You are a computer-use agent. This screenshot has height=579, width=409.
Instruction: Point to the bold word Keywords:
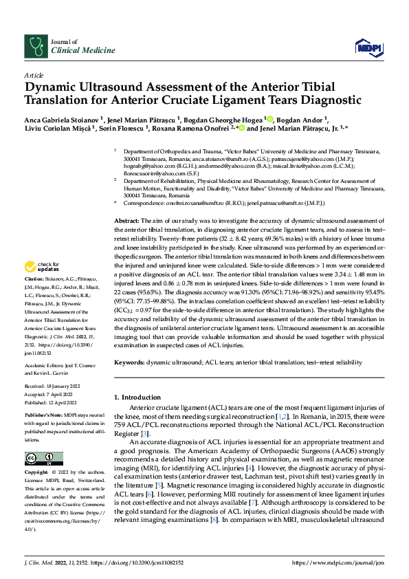129,361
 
